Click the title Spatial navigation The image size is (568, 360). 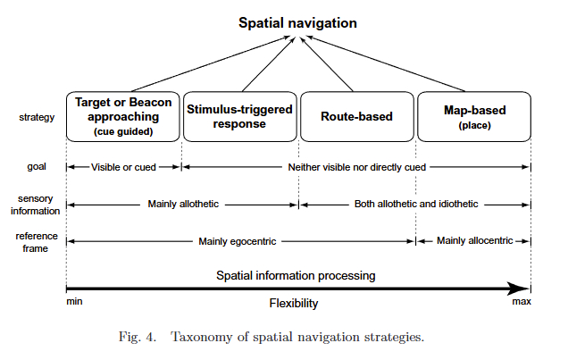[x=298, y=21]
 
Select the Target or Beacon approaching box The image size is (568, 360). [x=123, y=115]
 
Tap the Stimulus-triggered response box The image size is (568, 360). [x=238, y=115]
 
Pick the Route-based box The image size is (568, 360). [x=357, y=116]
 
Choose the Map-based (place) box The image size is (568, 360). [x=474, y=116]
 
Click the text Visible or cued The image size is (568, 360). [x=124, y=166]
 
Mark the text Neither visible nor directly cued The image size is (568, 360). [x=355, y=166]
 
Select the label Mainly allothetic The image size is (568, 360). [x=183, y=204]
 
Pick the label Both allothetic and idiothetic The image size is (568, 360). [x=415, y=204]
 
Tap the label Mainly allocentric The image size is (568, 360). [x=473, y=241]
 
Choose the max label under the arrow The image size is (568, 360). [x=521, y=303]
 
